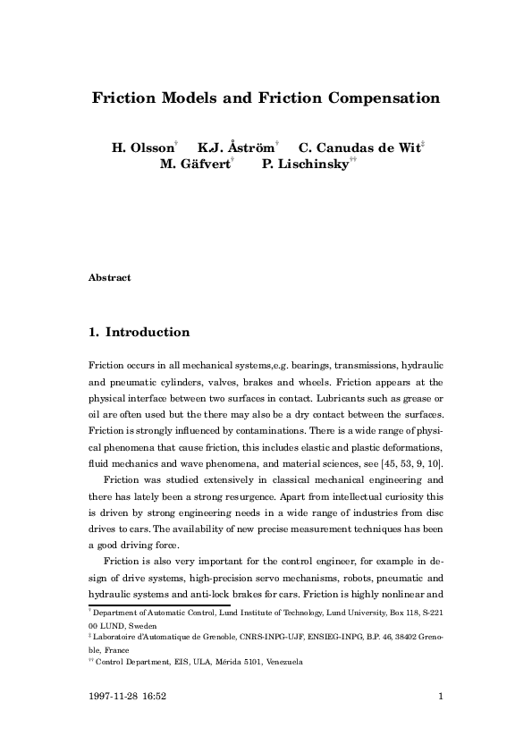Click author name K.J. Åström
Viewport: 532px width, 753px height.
tap(236, 148)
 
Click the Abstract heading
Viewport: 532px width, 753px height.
tap(110, 278)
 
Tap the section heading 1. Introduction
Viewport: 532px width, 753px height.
tap(139, 333)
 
